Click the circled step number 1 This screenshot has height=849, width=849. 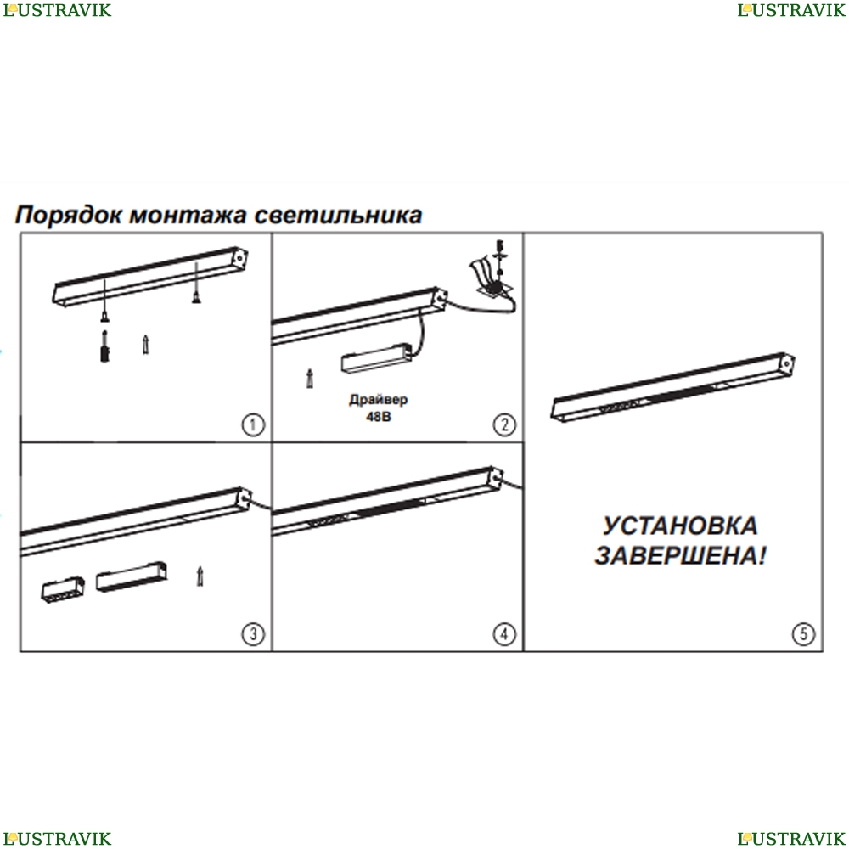253,424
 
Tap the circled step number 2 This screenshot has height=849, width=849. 504,424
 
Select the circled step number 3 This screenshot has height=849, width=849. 253,633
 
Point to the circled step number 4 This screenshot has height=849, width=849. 504,633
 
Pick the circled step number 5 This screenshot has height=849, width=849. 803,633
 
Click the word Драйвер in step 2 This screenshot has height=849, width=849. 379,400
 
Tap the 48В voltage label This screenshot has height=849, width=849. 379,417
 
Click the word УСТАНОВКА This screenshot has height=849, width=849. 680,526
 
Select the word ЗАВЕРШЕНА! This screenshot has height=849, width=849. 680,555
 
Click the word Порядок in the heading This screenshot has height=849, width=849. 69,215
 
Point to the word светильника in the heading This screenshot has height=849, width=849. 338,215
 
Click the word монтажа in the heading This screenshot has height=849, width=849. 188,215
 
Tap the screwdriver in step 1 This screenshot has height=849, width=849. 104,346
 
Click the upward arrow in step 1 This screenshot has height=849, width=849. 146,345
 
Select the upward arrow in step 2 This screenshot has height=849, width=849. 310,379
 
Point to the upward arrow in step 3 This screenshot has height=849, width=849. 200,576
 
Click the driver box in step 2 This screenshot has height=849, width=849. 376,357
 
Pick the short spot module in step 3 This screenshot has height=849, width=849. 63,590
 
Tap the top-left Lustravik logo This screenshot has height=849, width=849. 57,10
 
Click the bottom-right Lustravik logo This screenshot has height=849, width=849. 791,838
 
